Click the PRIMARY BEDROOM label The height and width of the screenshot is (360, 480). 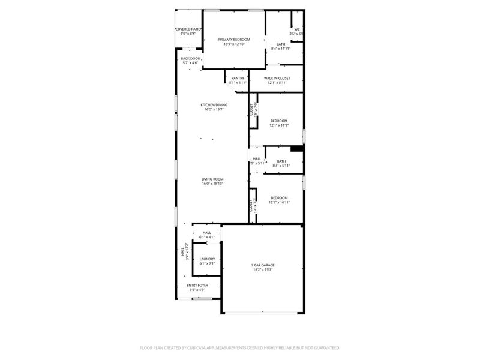234,40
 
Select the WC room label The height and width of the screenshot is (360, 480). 296,29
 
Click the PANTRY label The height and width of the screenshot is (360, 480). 238,78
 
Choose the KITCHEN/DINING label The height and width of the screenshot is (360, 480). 212,105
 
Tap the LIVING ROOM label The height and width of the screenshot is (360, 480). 212,179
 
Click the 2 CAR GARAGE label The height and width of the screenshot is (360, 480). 263,265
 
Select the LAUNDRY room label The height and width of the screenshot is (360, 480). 207,259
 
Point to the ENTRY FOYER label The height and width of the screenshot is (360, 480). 197,286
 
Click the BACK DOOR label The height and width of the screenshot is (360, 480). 190,58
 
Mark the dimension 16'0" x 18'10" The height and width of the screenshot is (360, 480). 212,184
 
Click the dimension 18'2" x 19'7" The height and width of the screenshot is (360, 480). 263,269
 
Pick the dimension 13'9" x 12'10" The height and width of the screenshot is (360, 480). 234,44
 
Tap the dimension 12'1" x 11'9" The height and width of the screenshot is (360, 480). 279,125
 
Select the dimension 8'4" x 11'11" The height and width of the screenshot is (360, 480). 281,49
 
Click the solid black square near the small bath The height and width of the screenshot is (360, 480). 296,149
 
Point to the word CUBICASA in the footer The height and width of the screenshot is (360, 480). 208,347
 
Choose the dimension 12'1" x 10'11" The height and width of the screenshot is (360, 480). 279,203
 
